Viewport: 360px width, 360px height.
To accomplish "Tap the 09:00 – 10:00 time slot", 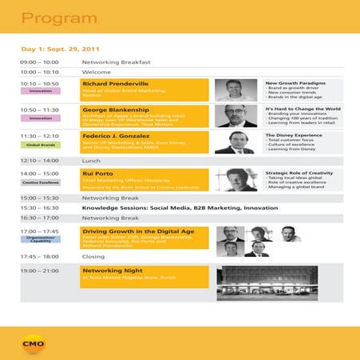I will coord(39,61).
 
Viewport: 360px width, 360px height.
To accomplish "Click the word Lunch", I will coord(91,160).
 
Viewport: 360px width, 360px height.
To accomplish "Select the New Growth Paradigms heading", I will coord(296,82).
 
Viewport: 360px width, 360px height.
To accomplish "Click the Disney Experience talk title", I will coord(296,135).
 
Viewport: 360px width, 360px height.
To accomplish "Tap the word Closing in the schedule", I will coord(93,257).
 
